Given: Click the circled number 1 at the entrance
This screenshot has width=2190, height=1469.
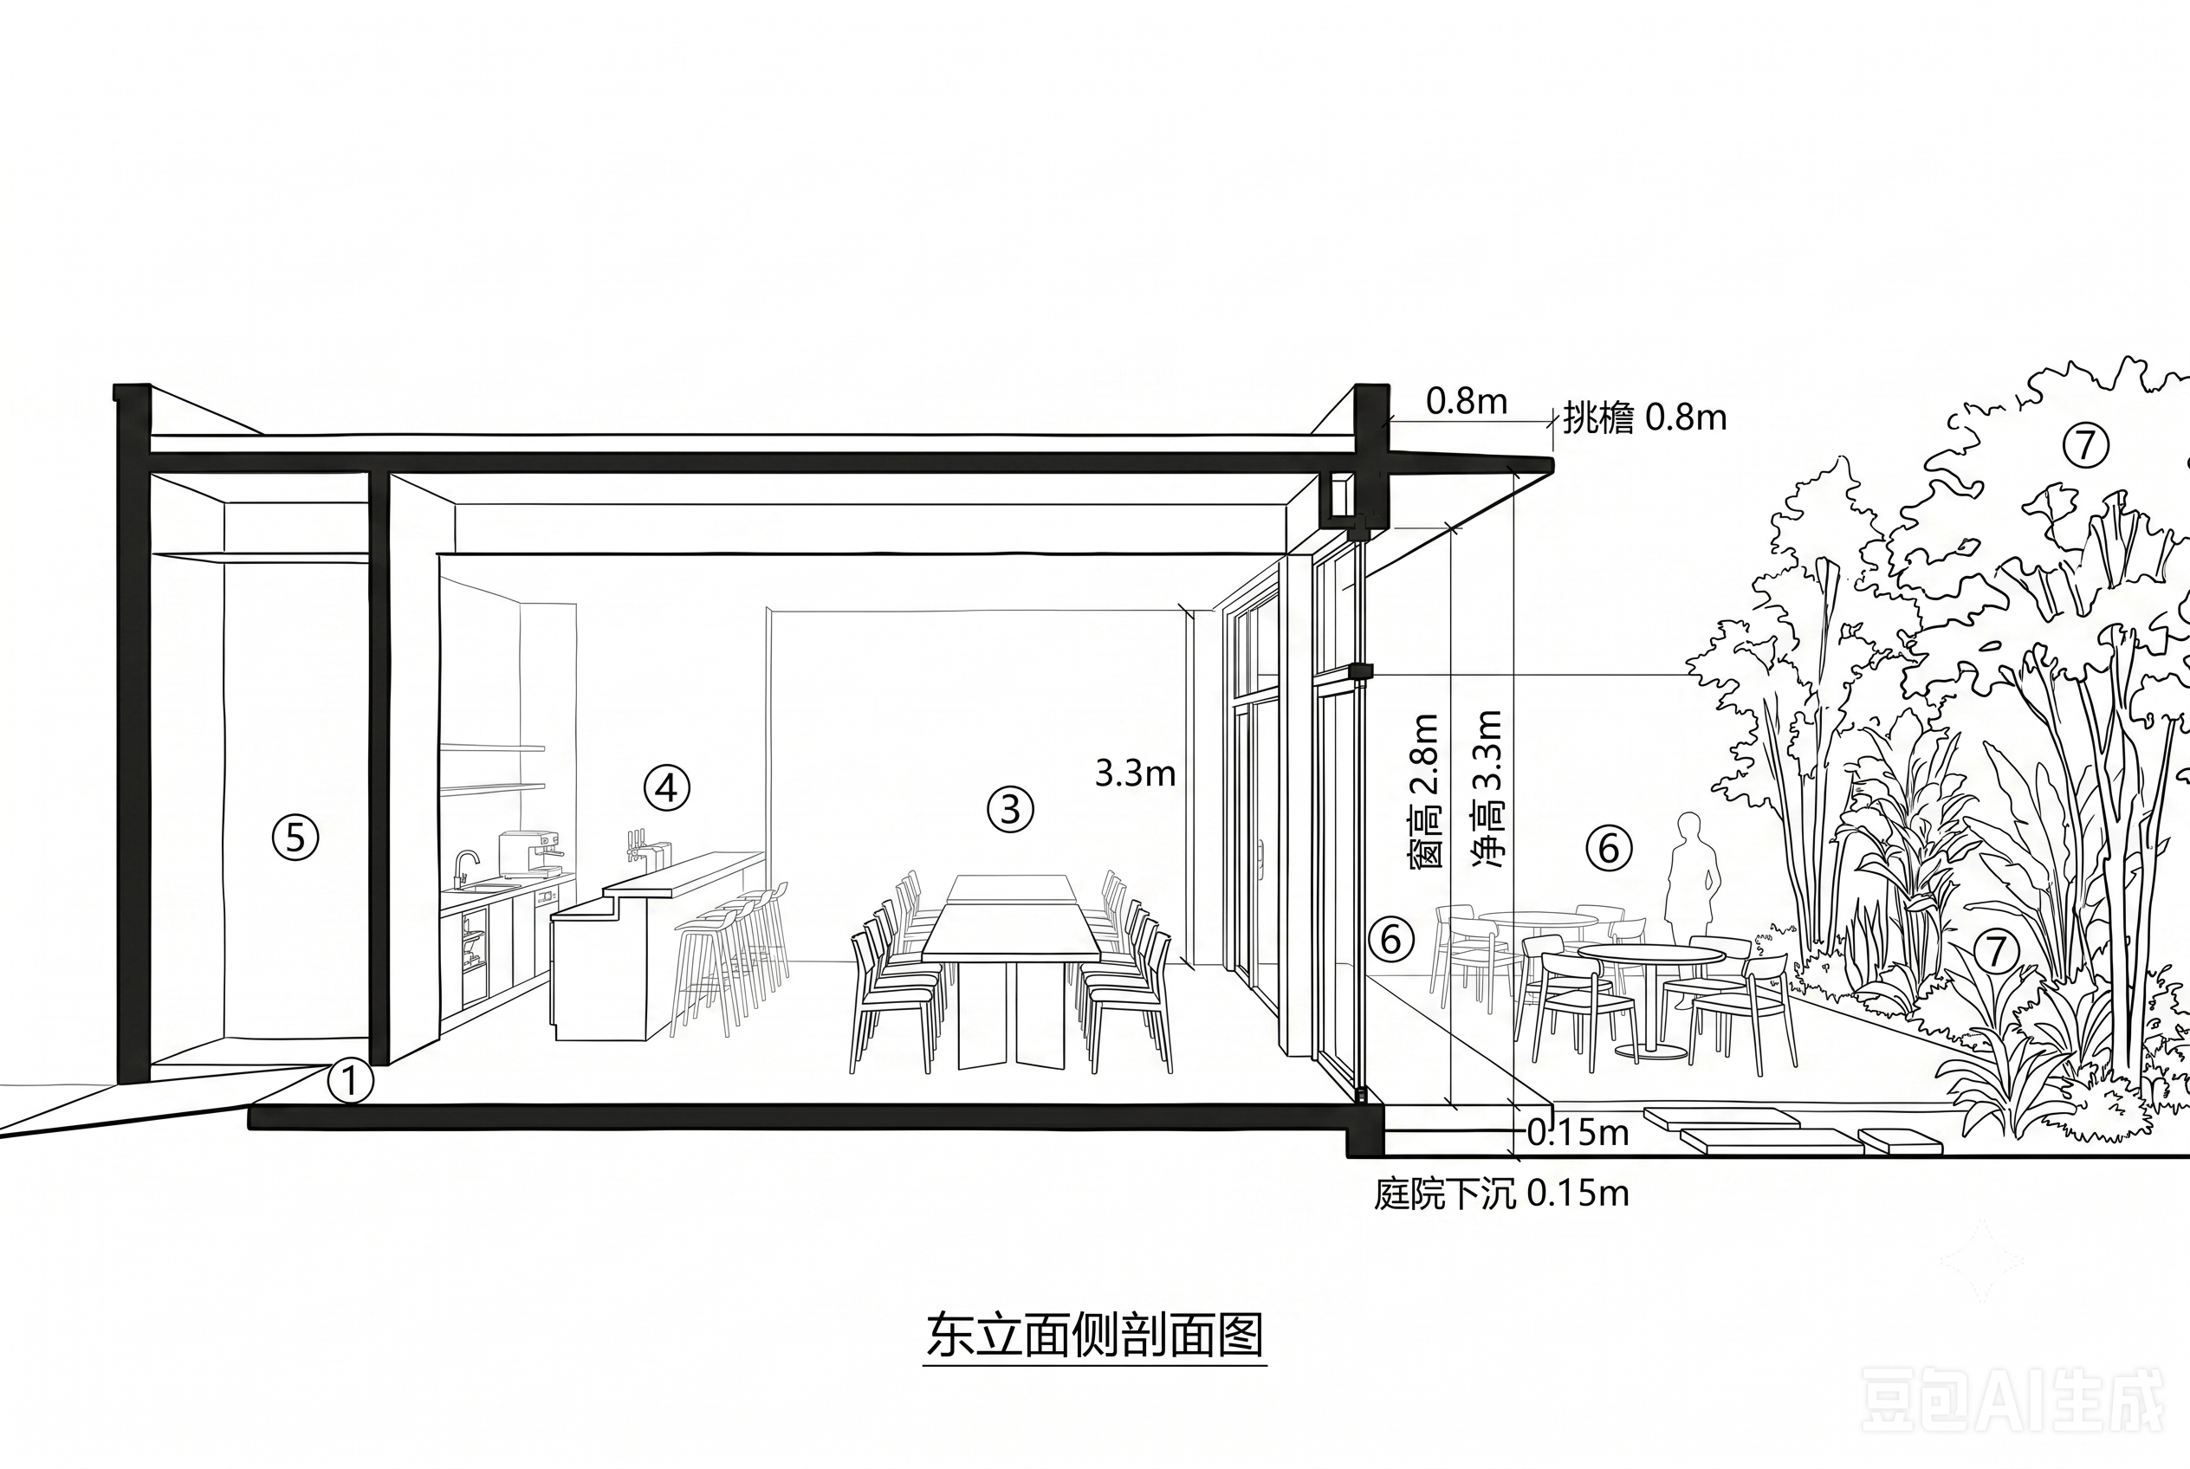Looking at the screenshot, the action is coord(349,1081).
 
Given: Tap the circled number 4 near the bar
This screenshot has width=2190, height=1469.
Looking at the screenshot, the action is coord(666,789).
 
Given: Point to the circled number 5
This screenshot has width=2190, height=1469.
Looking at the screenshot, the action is coord(295,838).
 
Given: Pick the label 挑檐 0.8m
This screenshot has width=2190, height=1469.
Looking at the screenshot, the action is coord(1644,417).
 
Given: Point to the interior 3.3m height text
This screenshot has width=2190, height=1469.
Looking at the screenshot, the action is coord(1135,773).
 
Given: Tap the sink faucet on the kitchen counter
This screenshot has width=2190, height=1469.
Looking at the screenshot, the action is coord(465,869).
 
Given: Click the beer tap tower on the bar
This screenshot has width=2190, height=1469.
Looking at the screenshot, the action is coord(638,846).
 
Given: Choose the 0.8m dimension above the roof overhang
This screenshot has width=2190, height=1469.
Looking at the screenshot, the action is coord(1467,402).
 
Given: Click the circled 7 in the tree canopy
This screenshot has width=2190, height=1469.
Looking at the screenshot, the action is coord(2085,444).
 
